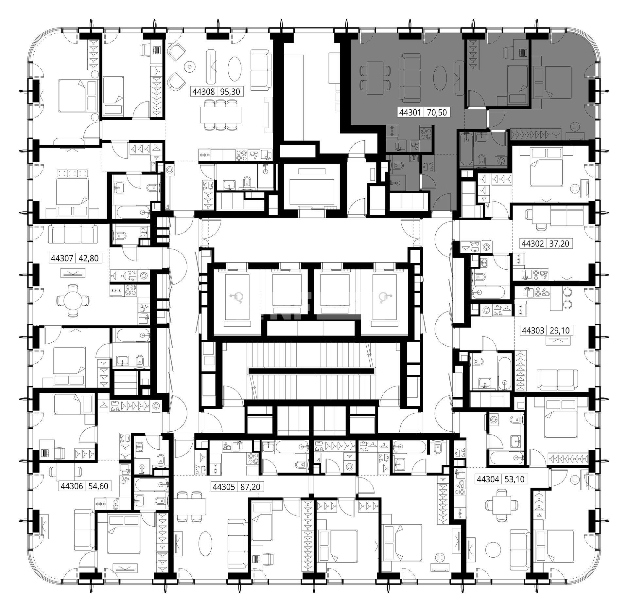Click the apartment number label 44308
pyautogui.click(x=204, y=92)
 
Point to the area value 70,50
pyautogui.click(x=437, y=113)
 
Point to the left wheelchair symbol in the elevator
pyautogui.click(x=237, y=298)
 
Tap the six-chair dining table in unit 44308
pyautogui.click(x=221, y=115)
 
